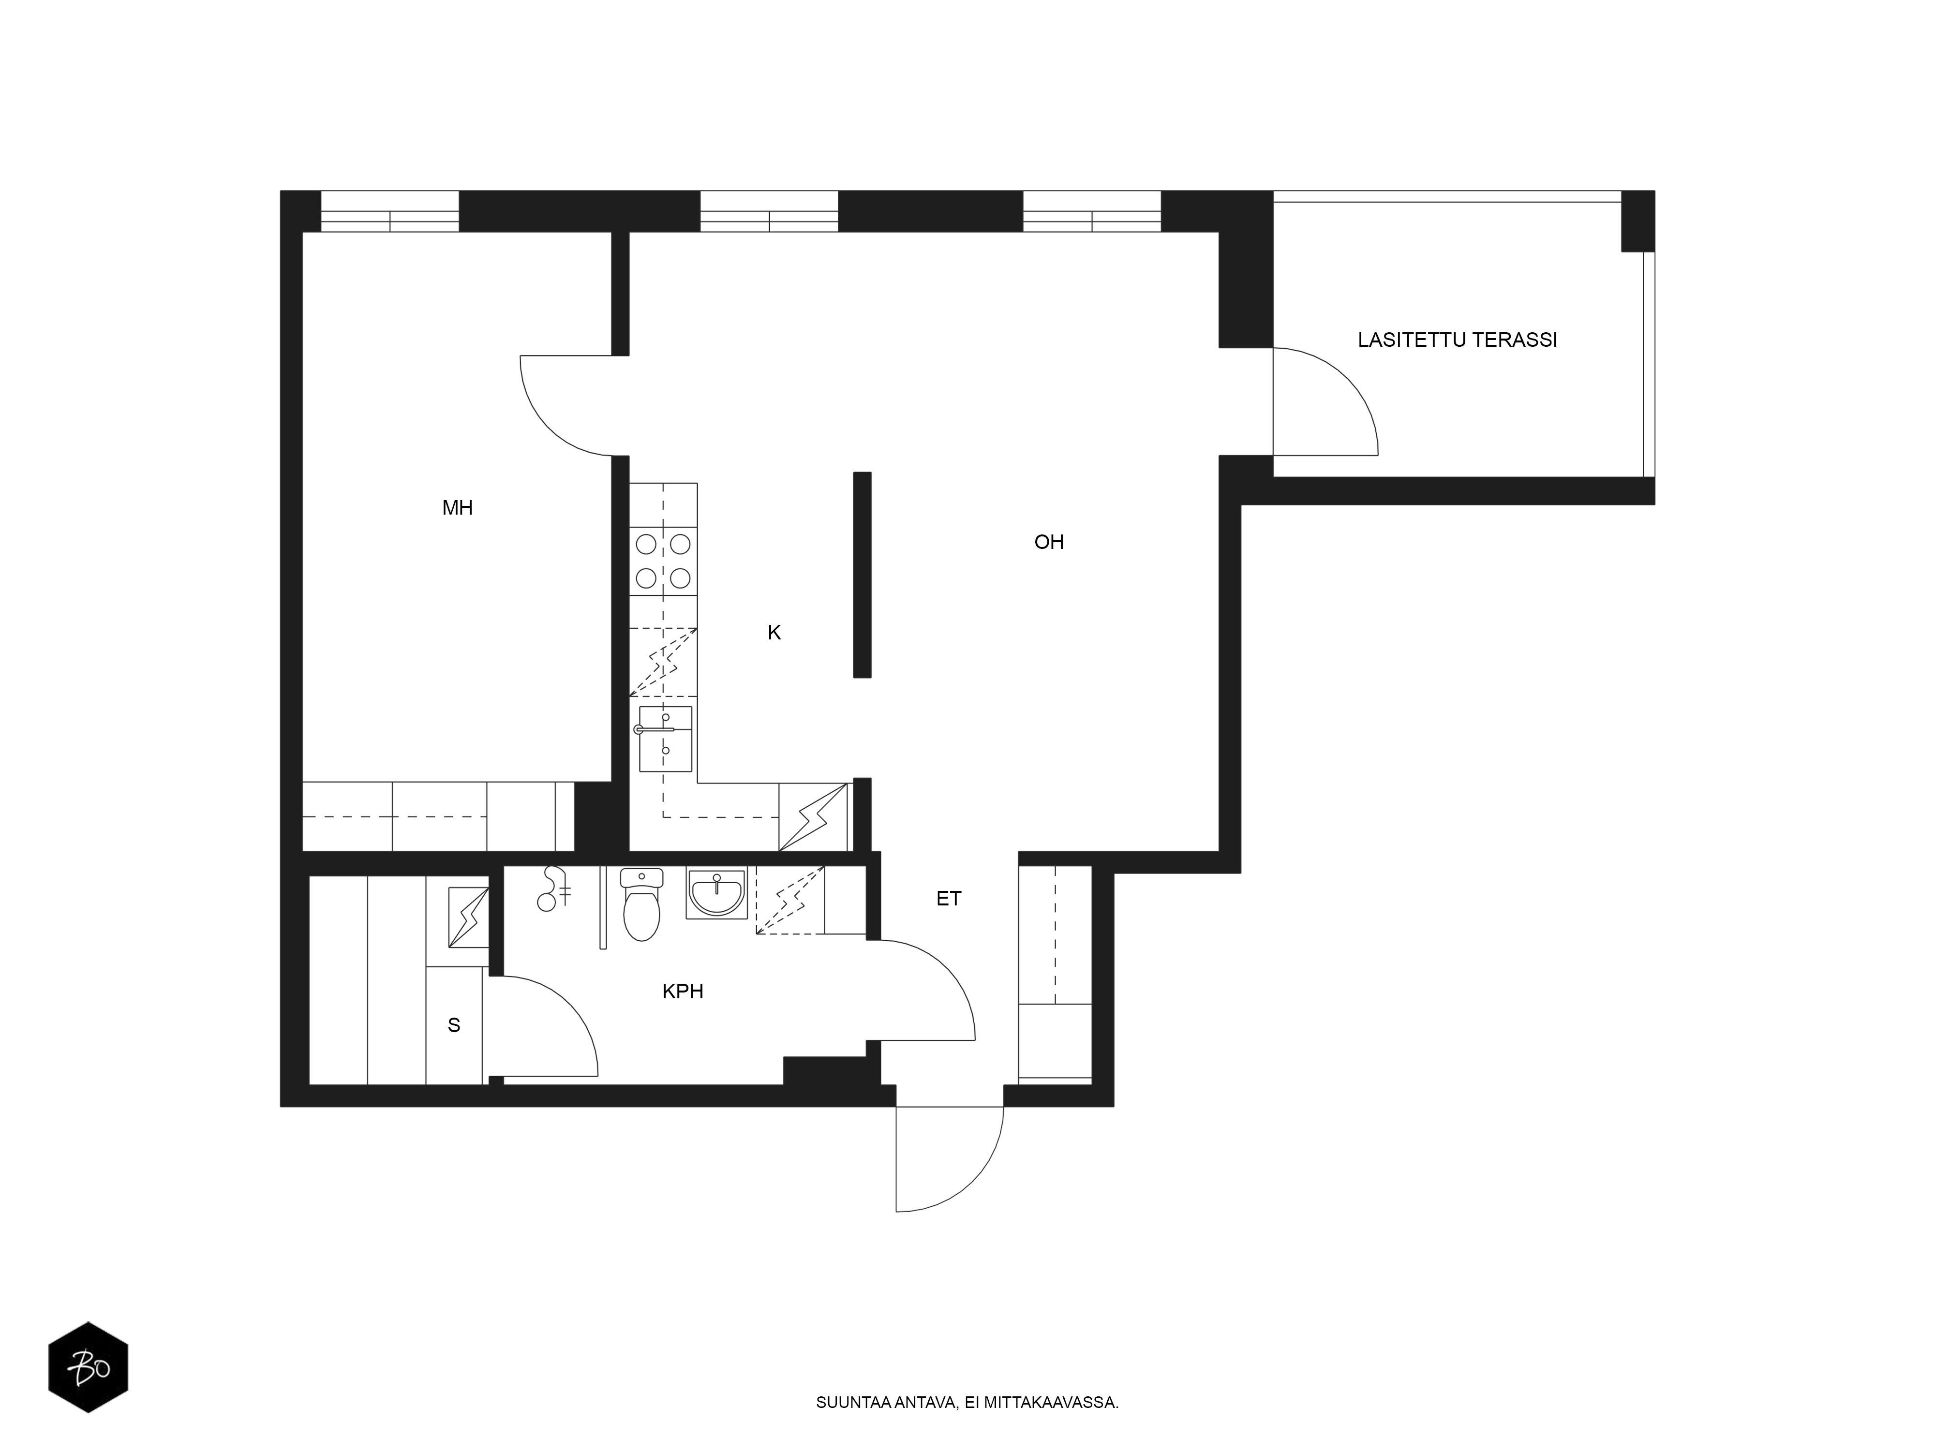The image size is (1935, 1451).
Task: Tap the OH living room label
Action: click(1049, 542)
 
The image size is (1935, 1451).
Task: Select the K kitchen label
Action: click(774, 632)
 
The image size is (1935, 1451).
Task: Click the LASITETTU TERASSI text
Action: click(1458, 340)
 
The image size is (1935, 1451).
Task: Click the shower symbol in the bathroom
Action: click(554, 888)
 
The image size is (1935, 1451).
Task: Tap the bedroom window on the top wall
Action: click(390, 211)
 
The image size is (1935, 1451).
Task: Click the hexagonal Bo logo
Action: click(89, 1367)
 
